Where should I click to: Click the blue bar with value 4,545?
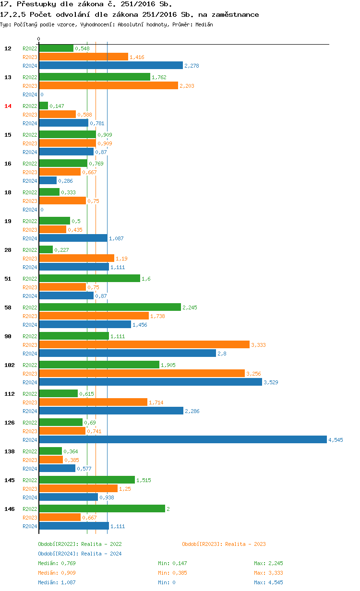point(182,439)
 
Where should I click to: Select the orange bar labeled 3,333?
point(144,344)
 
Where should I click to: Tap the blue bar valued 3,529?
point(150,382)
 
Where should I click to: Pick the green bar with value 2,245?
point(110,307)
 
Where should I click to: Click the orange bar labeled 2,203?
point(108,85)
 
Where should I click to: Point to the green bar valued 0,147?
point(43,106)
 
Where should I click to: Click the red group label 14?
point(8,106)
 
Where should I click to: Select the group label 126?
point(9,422)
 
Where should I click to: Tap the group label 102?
point(9,365)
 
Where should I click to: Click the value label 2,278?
point(192,66)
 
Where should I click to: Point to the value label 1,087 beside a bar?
point(116,238)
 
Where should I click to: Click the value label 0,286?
point(65,181)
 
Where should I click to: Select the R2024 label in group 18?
point(30,210)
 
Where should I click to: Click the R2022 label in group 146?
point(30,508)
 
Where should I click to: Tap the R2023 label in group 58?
point(30,316)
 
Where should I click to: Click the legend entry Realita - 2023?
point(224,544)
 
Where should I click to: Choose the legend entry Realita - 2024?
point(80,554)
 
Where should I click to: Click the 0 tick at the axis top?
point(39,39)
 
